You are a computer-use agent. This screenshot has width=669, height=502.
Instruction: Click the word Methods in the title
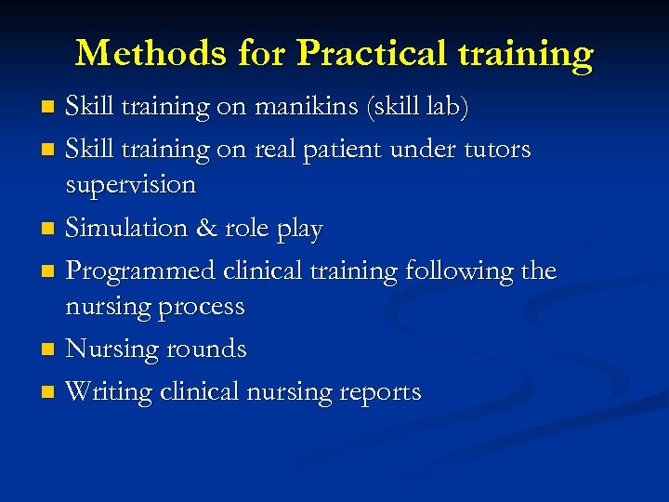(150, 54)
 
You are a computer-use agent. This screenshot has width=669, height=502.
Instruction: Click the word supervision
(131, 186)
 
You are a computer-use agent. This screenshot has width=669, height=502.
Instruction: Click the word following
(457, 271)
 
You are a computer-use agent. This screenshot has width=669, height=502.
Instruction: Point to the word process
(201, 308)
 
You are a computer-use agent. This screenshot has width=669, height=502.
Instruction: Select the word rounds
(208, 350)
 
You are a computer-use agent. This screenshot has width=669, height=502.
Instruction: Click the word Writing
(109, 392)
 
